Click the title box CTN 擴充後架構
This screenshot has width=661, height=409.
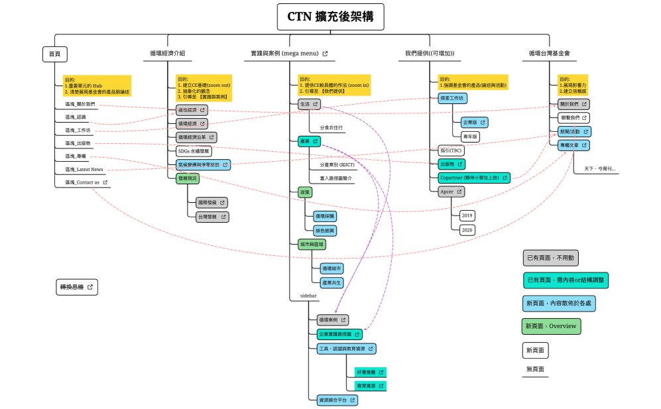click(330, 17)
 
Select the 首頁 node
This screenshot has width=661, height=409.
click(54, 54)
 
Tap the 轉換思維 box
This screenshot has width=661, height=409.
click(77, 287)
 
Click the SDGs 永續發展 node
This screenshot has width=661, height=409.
click(194, 150)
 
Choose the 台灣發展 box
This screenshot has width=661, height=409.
click(211, 217)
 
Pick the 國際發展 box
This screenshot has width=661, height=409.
click(211, 202)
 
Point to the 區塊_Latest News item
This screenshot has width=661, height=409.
click(84, 169)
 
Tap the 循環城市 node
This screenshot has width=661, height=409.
click(331, 268)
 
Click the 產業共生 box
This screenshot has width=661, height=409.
click(331, 282)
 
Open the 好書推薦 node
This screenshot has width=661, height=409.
click(370, 373)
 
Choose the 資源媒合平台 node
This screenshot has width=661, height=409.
click(337, 400)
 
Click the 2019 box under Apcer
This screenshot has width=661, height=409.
click(467, 215)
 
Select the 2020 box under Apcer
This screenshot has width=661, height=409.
click(467, 229)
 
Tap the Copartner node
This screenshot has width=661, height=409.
click(473, 178)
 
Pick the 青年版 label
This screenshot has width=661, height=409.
click(470, 136)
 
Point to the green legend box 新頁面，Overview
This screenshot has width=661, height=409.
click(551, 326)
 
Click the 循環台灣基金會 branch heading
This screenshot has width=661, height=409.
click(549, 53)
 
